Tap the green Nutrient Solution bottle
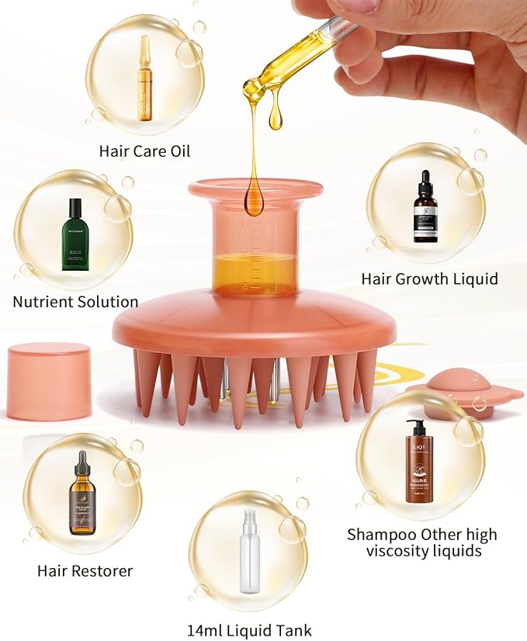(x=75, y=234)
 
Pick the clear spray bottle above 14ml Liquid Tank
(x=249, y=552)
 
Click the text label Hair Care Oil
(x=144, y=151)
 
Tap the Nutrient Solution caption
(x=75, y=301)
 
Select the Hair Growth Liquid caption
(x=429, y=278)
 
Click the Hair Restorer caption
(x=85, y=570)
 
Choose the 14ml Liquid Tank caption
(x=249, y=630)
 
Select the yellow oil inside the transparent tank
(x=255, y=274)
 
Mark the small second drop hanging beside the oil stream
(x=275, y=118)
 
